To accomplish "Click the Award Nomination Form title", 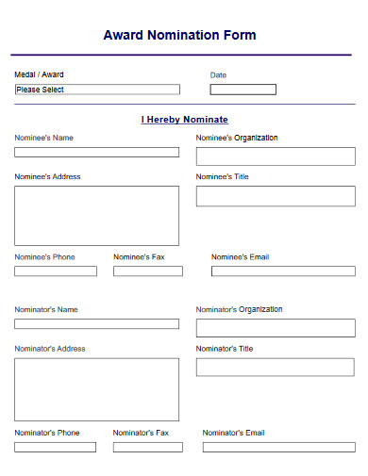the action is [x=179, y=36].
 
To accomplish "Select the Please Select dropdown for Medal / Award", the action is [x=96, y=90].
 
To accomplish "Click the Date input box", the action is [x=243, y=90].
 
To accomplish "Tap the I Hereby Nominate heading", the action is [x=185, y=120].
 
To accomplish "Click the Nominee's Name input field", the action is [x=96, y=152].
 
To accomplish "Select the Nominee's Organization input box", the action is [x=276, y=156].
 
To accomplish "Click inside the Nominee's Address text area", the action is [x=96, y=215].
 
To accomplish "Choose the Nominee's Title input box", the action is [x=276, y=196].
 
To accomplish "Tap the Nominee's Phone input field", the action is [x=55, y=271].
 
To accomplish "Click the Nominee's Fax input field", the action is [x=148, y=271].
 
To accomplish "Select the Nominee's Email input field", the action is [x=283, y=271].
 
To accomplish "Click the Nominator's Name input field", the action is [x=96, y=323].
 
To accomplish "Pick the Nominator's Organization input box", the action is [x=276, y=328].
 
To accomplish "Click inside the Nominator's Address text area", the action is [x=96, y=389].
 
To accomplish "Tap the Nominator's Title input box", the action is [x=276, y=367].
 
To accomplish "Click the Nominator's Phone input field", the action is [x=55, y=447].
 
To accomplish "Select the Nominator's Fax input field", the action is [x=148, y=447].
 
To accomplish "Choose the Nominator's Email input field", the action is [x=278, y=447].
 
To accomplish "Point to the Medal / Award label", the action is [x=40, y=74].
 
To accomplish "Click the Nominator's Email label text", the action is [x=234, y=433].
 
